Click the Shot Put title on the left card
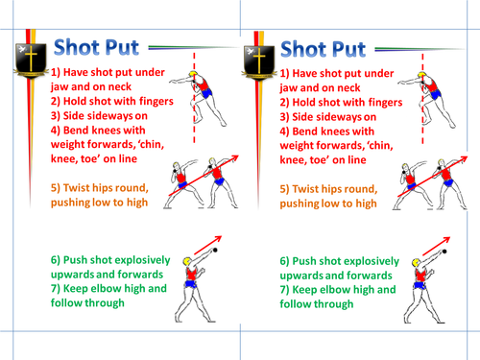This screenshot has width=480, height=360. coord(96,48)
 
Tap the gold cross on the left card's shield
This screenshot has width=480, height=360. coord(31,58)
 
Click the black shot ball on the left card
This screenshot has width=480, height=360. coord(215,250)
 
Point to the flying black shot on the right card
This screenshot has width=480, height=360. coord(444,252)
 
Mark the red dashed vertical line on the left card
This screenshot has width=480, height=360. coord(194,98)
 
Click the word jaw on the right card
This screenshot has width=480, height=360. coord(289,88)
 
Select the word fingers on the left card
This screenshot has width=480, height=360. coord(156,101)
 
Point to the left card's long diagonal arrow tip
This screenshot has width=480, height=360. coord(238,156)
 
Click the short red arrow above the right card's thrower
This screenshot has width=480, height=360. coord(437,246)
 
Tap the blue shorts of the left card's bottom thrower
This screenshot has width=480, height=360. coord(191,284)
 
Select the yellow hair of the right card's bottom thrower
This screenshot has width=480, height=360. coord(416,263)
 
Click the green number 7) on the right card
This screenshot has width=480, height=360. coord(284,290)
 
